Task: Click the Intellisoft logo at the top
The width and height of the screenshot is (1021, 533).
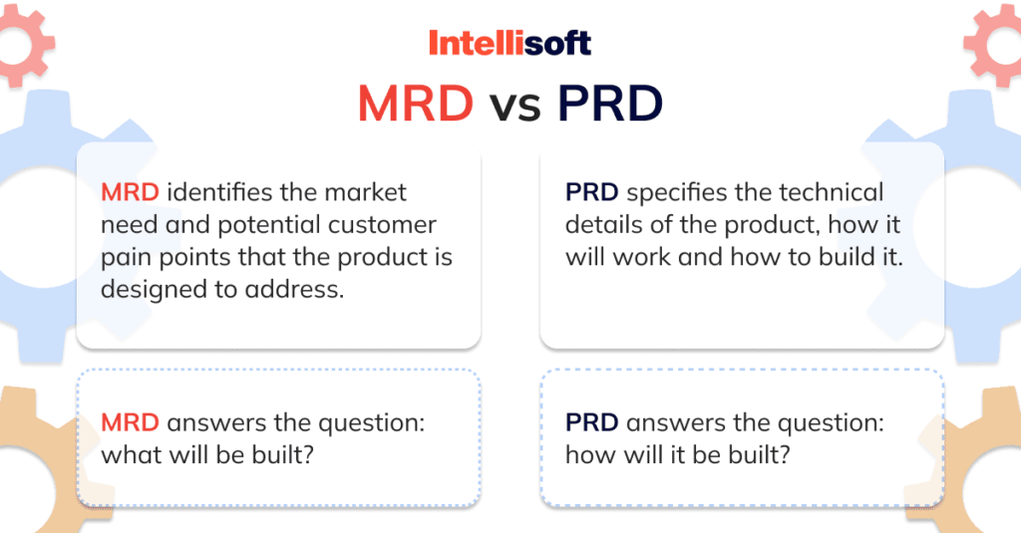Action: pyautogui.click(x=510, y=43)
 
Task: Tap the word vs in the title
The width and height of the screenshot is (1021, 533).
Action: pyautogui.click(x=514, y=105)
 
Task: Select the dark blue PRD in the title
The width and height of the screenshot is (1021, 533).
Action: pyautogui.click(x=609, y=103)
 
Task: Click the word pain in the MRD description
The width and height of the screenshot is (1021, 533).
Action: pyautogui.click(x=122, y=257)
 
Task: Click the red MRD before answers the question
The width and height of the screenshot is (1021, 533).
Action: pyautogui.click(x=130, y=422)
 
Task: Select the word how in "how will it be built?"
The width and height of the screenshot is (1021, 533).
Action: pyautogui.click(x=587, y=455)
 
